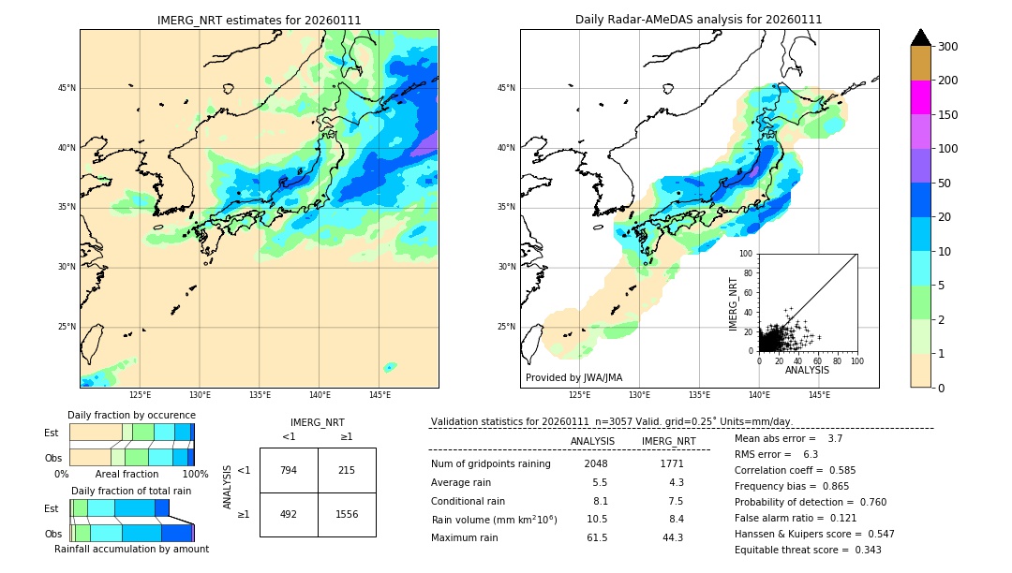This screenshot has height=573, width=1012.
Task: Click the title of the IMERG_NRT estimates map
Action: (x=259, y=20)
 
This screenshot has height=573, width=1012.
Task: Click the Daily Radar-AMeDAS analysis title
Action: (x=699, y=20)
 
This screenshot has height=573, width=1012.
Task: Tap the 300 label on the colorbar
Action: (x=947, y=47)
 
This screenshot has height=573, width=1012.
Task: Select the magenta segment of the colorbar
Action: (x=920, y=97)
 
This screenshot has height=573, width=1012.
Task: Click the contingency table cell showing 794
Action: (x=289, y=470)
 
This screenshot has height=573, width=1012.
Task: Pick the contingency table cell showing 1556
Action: (x=347, y=514)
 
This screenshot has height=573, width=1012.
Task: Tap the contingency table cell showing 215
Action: (x=347, y=470)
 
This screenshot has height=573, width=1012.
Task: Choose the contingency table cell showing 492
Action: (x=289, y=514)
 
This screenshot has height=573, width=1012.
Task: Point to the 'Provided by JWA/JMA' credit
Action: (x=573, y=378)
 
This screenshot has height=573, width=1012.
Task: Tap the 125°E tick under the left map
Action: (x=141, y=396)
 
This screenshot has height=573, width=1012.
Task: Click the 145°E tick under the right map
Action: (x=819, y=396)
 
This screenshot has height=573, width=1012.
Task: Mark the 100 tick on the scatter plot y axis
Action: (x=747, y=254)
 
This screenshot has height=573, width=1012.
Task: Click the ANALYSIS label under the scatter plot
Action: (x=807, y=370)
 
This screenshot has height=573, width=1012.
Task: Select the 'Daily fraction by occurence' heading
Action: (x=131, y=415)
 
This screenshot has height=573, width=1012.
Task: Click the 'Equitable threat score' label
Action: (x=795, y=550)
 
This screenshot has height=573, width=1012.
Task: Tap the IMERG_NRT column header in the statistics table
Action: (x=668, y=441)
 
